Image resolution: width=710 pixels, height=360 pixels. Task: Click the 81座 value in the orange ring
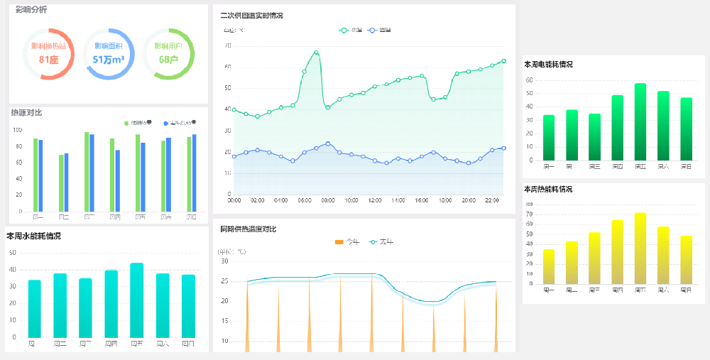49,60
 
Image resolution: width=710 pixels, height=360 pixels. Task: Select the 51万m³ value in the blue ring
109,60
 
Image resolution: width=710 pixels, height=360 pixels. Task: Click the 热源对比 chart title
26,112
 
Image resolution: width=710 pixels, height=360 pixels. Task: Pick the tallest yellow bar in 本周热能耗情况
640,249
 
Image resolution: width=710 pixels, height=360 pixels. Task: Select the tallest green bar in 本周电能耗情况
640,122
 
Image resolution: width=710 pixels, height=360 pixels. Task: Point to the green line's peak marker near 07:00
316,52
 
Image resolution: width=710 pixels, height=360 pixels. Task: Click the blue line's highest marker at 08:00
327,143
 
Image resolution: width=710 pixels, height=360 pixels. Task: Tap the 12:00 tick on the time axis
375,201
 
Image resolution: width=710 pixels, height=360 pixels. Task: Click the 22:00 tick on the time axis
492,201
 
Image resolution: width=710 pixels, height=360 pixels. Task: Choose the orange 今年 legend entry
347,242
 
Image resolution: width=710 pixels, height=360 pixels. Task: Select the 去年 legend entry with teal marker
382,242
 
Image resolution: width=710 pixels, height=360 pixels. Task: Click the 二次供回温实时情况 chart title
251,16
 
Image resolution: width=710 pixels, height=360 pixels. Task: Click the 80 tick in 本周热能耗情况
528,204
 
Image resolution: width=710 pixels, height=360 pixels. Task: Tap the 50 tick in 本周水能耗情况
12,252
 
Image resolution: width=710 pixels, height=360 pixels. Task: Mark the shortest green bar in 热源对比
61,183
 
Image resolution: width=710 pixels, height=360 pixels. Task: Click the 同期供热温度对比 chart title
248,229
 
